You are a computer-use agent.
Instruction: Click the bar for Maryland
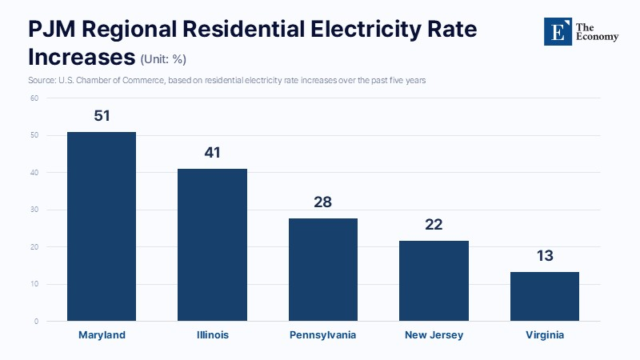coord(102,226)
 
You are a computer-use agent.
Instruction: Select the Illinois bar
coord(212,245)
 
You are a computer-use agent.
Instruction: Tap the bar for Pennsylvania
coord(323,270)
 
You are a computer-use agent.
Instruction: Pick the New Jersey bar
coord(434,281)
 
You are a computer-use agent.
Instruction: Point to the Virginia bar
coord(545,296)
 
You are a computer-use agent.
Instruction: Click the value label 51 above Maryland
coord(102,116)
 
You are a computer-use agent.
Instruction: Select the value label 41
coord(212,153)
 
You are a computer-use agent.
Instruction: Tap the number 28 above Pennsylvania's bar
coord(323,202)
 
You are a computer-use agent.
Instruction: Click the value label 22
coord(434,225)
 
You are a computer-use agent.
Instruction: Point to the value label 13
coord(545,256)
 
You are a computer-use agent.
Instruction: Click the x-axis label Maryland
coord(102,335)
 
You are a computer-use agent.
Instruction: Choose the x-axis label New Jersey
coord(434,335)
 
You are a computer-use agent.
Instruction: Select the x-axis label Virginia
coord(545,335)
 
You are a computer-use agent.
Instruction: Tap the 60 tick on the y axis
coord(34,98)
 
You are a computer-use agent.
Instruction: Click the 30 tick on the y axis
coord(34,210)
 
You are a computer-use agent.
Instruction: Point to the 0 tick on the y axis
coord(36,322)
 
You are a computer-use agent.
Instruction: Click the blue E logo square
coord(558,31)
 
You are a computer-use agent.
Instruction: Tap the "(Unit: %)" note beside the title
coord(163,59)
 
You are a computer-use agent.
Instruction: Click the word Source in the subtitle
coord(42,81)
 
